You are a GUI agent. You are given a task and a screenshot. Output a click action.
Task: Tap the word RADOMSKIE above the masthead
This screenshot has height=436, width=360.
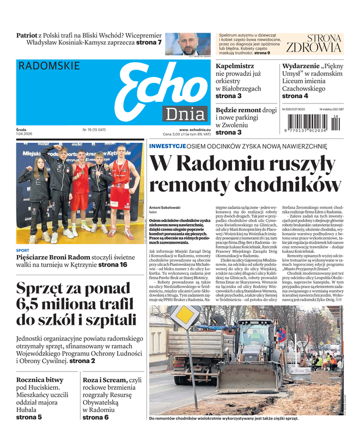pos(49,66)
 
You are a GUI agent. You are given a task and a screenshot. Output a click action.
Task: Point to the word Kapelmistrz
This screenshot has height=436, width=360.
pos(235,66)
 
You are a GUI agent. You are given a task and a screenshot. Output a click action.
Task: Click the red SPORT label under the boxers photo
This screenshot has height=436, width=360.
pos(23,251)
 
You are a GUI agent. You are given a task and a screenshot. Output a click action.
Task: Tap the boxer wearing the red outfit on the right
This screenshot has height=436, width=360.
pos(120,188)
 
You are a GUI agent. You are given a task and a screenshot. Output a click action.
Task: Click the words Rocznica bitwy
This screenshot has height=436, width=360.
pos(40,380)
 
